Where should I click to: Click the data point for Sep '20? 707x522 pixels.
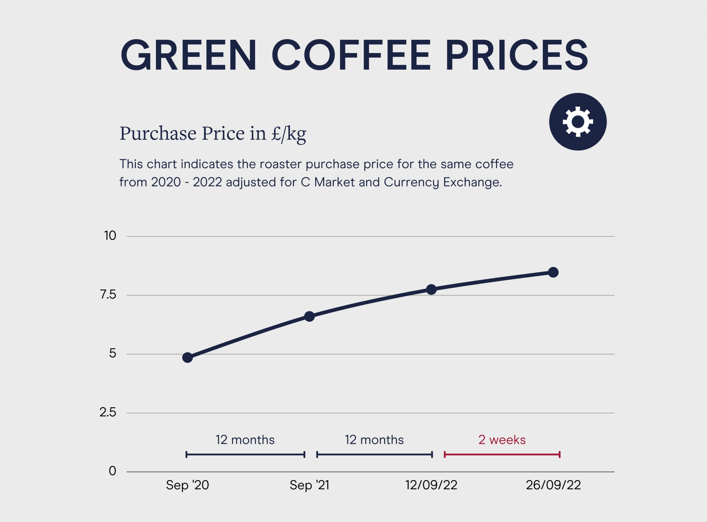click(187, 358)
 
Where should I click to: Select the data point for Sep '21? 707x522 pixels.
click(309, 316)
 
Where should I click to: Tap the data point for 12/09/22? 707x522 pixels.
click(431, 289)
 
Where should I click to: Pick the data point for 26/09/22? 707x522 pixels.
click(553, 272)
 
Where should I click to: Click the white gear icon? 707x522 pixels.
click(578, 122)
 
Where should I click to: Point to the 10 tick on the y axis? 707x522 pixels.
click(110, 236)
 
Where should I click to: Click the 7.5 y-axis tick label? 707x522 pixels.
click(108, 295)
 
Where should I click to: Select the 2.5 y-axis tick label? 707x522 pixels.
click(108, 412)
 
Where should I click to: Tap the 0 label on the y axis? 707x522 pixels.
click(112, 471)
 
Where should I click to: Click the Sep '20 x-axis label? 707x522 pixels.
click(187, 485)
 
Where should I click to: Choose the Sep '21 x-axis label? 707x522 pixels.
click(309, 485)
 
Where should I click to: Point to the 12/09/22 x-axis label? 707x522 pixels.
click(431, 485)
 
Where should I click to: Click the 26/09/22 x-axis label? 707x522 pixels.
click(553, 485)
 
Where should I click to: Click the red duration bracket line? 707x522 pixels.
click(502, 455)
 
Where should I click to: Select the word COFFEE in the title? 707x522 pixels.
click(351, 55)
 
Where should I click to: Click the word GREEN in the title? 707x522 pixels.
click(188, 55)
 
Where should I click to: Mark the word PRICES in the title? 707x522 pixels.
click(516, 55)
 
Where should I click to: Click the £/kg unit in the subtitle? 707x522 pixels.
click(288, 134)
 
